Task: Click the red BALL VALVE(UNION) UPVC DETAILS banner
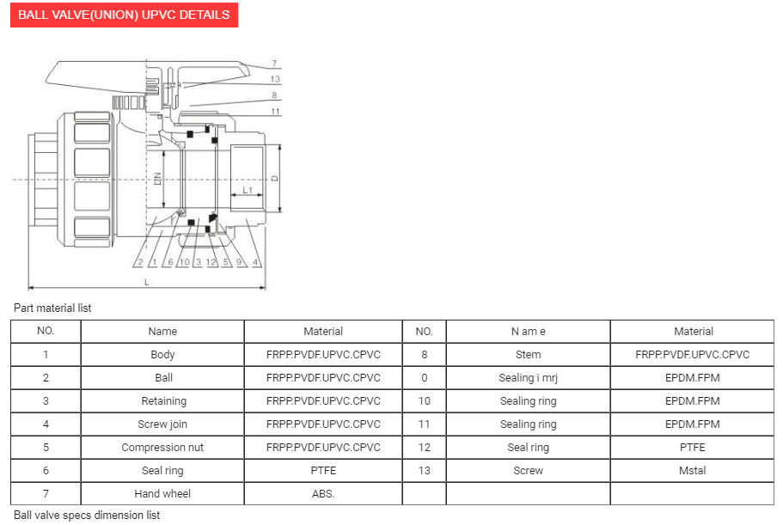pyautogui.click(x=124, y=15)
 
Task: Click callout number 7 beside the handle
pyautogui.click(x=273, y=64)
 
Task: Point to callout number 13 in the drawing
pyautogui.click(x=274, y=79)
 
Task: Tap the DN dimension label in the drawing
pyautogui.click(x=157, y=179)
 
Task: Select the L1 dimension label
pyautogui.click(x=247, y=190)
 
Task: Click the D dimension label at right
pyautogui.click(x=274, y=179)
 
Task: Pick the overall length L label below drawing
pyautogui.click(x=146, y=281)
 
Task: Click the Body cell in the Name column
pyautogui.click(x=162, y=354)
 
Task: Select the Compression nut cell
pyautogui.click(x=162, y=447)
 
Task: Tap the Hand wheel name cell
pyautogui.click(x=162, y=493)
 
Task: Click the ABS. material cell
pyautogui.click(x=323, y=493)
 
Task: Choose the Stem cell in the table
pyautogui.click(x=529, y=354)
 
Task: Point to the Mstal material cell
pyautogui.click(x=693, y=470)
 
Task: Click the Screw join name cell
pyautogui.click(x=162, y=424)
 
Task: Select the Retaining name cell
pyautogui.click(x=162, y=400)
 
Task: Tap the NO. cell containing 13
pyautogui.click(x=424, y=470)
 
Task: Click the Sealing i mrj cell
pyautogui.click(x=529, y=377)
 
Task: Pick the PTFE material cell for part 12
pyautogui.click(x=693, y=447)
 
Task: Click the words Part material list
pyautogui.click(x=52, y=308)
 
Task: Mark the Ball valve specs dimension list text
pyautogui.click(x=87, y=515)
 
